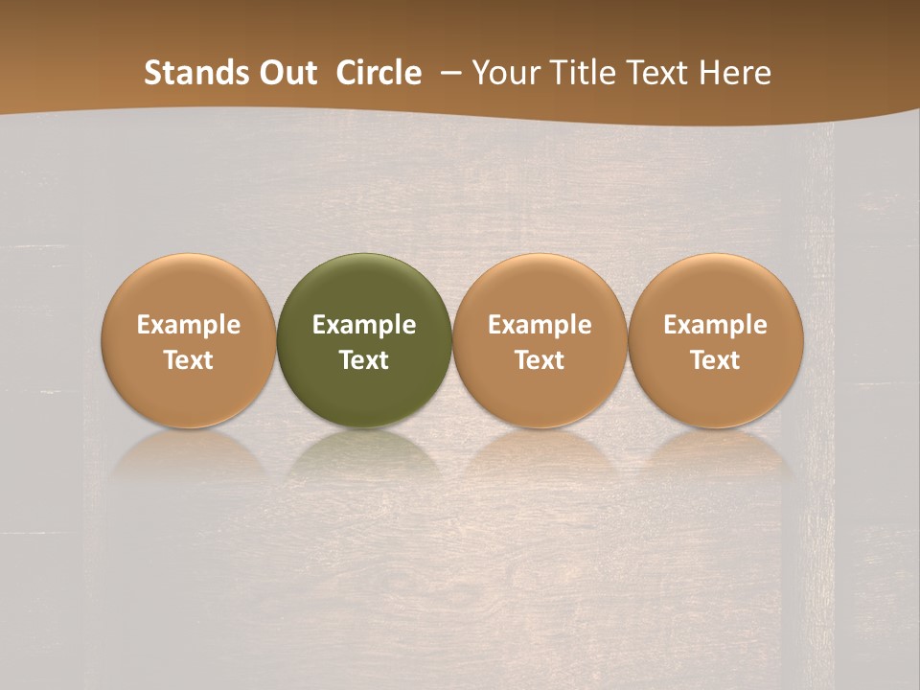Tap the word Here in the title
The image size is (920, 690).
734,73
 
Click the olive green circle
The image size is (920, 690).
364,287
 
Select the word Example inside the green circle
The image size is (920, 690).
364,325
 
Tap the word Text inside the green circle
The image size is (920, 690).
364,360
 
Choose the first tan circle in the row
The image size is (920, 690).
188,287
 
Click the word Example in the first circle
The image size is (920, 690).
188,325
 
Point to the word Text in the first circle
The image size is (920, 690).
188,360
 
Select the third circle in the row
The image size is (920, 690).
540,287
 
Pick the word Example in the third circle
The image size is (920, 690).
540,325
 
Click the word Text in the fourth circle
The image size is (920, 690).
715,360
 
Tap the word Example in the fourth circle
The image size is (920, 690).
715,325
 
